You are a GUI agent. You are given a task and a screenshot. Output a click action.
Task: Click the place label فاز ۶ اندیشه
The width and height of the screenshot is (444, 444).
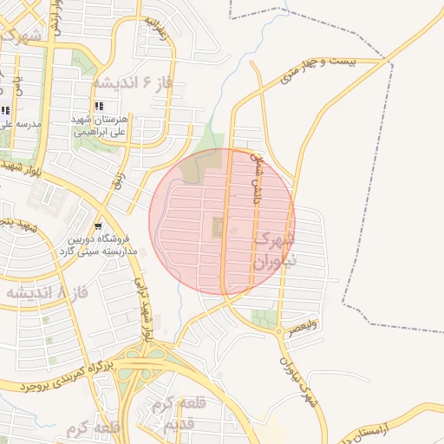129,83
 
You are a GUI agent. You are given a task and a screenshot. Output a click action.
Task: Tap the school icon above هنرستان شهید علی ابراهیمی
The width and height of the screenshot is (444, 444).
110,106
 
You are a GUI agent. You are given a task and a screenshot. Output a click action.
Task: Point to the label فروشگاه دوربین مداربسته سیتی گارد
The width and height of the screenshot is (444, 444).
99,244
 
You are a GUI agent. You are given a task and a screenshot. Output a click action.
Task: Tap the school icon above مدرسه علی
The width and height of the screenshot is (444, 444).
5,110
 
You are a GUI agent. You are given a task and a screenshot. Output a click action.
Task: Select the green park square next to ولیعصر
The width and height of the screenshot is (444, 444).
270,317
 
